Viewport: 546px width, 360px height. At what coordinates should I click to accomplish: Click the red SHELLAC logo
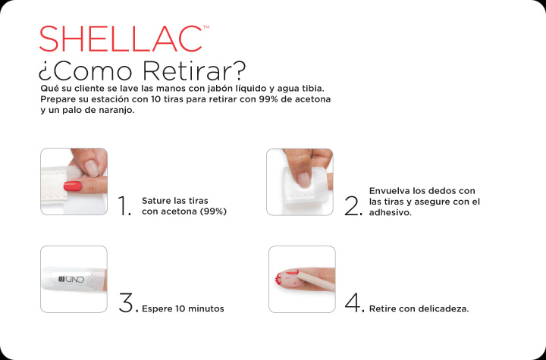121,39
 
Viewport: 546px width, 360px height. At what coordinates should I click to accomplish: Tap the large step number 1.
125,205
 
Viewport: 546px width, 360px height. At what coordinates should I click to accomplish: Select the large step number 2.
353,205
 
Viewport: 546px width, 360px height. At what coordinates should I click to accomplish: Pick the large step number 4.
354,302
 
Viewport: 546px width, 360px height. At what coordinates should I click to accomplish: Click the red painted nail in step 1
73,186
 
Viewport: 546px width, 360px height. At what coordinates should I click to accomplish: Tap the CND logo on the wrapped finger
71,279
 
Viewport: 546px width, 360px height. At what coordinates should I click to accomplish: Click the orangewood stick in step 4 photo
316,281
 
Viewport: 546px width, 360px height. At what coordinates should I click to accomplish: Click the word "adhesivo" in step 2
389,212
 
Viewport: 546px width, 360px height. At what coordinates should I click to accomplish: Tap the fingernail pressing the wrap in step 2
303,180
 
